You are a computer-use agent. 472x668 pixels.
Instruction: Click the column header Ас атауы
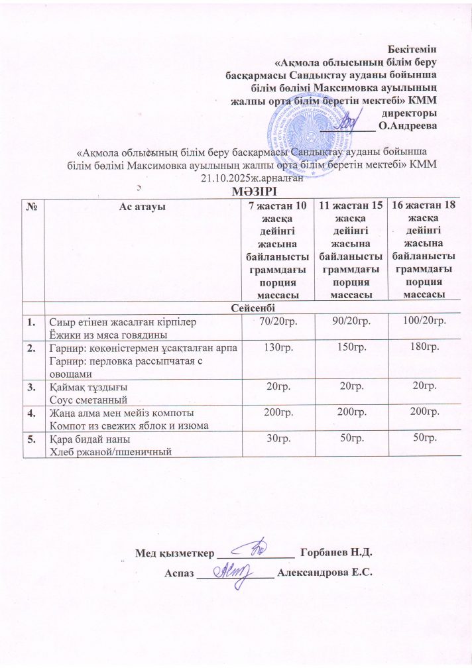(x=142, y=207)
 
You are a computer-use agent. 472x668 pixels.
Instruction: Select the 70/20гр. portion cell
(x=276, y=321)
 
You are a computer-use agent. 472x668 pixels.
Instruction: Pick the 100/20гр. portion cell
(x=423, y=321)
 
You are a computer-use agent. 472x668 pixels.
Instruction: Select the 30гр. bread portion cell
(x=276, y=440)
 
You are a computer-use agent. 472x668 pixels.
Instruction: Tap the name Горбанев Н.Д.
(x=338, y=552)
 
